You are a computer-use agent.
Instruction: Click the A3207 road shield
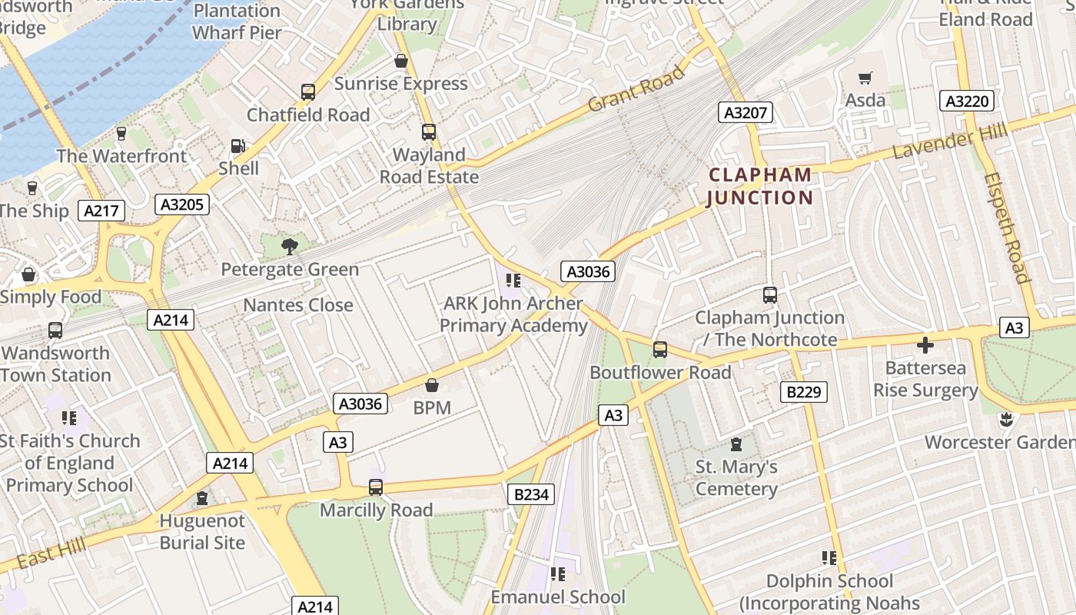pos(746,113)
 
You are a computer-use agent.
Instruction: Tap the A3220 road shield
pos(967,101)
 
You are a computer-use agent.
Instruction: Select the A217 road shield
pos(101,211)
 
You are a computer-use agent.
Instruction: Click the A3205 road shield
pos(182,204)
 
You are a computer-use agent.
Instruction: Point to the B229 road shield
pos(804,392)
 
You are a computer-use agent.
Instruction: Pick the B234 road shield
pos(530,494)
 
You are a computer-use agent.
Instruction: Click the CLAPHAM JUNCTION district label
pos(759,186)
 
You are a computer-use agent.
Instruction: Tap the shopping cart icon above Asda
pos(865,78)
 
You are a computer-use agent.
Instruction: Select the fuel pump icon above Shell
pos(238,146)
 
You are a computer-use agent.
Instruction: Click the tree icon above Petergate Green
pos(289,247)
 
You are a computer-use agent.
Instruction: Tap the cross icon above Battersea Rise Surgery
pos(925,345)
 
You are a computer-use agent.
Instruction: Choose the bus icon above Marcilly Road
pos(376,487)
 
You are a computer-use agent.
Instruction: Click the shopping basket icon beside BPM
pos(432,384)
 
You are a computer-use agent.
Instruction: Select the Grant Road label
pos(636,90)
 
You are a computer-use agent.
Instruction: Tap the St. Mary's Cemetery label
pos(736,477)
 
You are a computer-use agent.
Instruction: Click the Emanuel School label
pos(558,597)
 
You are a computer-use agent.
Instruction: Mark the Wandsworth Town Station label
pos(56,364)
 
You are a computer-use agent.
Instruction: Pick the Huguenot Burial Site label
pos(202,531)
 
